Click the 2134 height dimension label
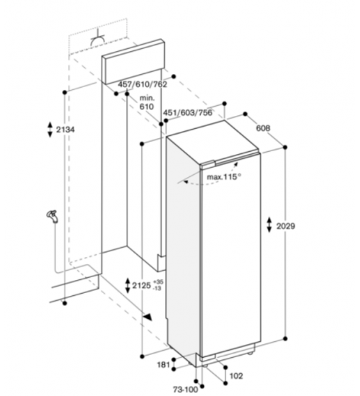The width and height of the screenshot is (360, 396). click(66, 130)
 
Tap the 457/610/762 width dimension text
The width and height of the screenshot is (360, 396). click(143, 84)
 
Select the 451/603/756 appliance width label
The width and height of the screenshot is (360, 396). click(188, 112)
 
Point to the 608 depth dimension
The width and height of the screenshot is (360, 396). click(264, 128)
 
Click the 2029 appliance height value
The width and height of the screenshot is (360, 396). click(286, 226)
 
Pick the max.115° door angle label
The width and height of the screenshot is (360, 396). click(224, 176)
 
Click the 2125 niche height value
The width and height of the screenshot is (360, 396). click(141, 286)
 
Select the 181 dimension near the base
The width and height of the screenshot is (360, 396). click(163, 365)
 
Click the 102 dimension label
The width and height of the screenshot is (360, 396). click(236, 376)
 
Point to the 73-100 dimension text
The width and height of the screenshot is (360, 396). click(186, 390)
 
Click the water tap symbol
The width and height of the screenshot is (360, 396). click(53, 217)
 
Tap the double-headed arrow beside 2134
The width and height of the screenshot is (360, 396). click(50, 130)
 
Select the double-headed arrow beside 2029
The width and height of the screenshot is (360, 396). click(269, 225)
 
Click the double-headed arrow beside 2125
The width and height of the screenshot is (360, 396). click(127, 286)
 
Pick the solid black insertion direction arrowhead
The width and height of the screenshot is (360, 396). click(148, 317)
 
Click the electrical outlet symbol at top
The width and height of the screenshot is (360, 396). click(98, 38)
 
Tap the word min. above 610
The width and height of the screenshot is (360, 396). click(148, 98)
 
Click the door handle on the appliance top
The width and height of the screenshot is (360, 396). click(226, 161)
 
